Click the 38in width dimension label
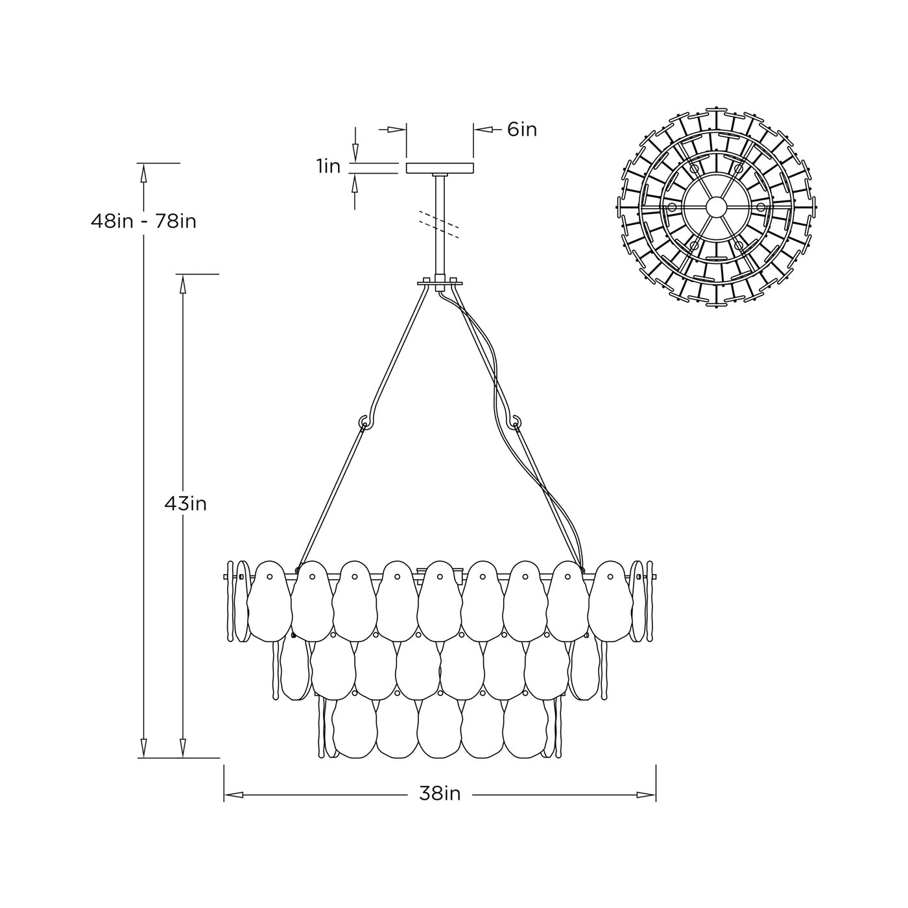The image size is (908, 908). pos(439,794)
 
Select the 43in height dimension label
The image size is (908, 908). pos(185,503)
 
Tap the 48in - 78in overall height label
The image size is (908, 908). pos(143,222)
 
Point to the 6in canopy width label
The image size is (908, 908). pos(522,130)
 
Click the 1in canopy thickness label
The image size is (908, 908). pos(329,167)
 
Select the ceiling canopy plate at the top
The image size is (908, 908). pos(440,168)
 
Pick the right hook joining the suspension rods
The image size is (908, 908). pos(516,422)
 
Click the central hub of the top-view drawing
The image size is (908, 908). pos(716,207)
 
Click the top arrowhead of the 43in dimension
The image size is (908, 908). pos(183,284)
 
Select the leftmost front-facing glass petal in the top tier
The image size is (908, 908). pos(269,600)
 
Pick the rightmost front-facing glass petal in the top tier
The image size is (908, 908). pos(610,600)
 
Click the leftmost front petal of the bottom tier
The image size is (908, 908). pos(354,730)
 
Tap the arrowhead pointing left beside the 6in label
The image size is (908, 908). pos(483,130)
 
